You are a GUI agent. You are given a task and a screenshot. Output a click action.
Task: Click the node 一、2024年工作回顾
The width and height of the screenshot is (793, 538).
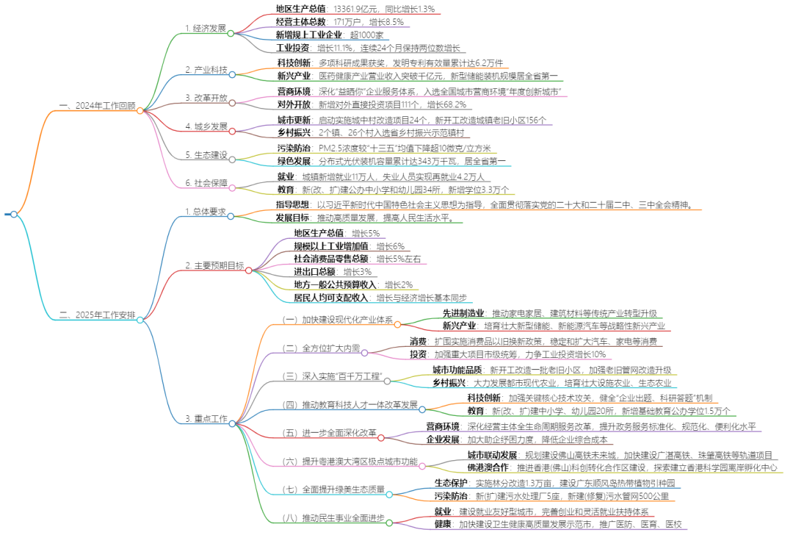97,106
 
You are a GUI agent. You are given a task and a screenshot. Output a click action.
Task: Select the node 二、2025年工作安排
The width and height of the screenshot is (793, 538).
97,315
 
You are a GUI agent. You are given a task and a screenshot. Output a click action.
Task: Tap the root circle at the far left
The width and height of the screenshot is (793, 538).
13,214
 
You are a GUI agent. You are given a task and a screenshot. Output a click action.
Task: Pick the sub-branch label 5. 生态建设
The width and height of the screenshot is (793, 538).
206,155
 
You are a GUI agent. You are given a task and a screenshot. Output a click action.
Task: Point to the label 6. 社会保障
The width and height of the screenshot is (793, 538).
206,183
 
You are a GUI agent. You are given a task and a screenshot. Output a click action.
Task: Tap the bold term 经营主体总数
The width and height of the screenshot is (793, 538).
300,21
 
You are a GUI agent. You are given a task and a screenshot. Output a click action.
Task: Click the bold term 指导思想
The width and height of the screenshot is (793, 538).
292,204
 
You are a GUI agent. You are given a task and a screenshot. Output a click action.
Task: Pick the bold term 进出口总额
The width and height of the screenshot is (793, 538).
314,271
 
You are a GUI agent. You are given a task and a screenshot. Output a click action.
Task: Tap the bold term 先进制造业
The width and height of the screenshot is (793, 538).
463,312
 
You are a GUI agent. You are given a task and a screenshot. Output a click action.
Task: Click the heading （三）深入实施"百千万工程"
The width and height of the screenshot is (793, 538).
333,376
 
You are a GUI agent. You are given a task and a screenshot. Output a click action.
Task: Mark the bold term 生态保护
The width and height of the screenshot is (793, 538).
451,483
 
